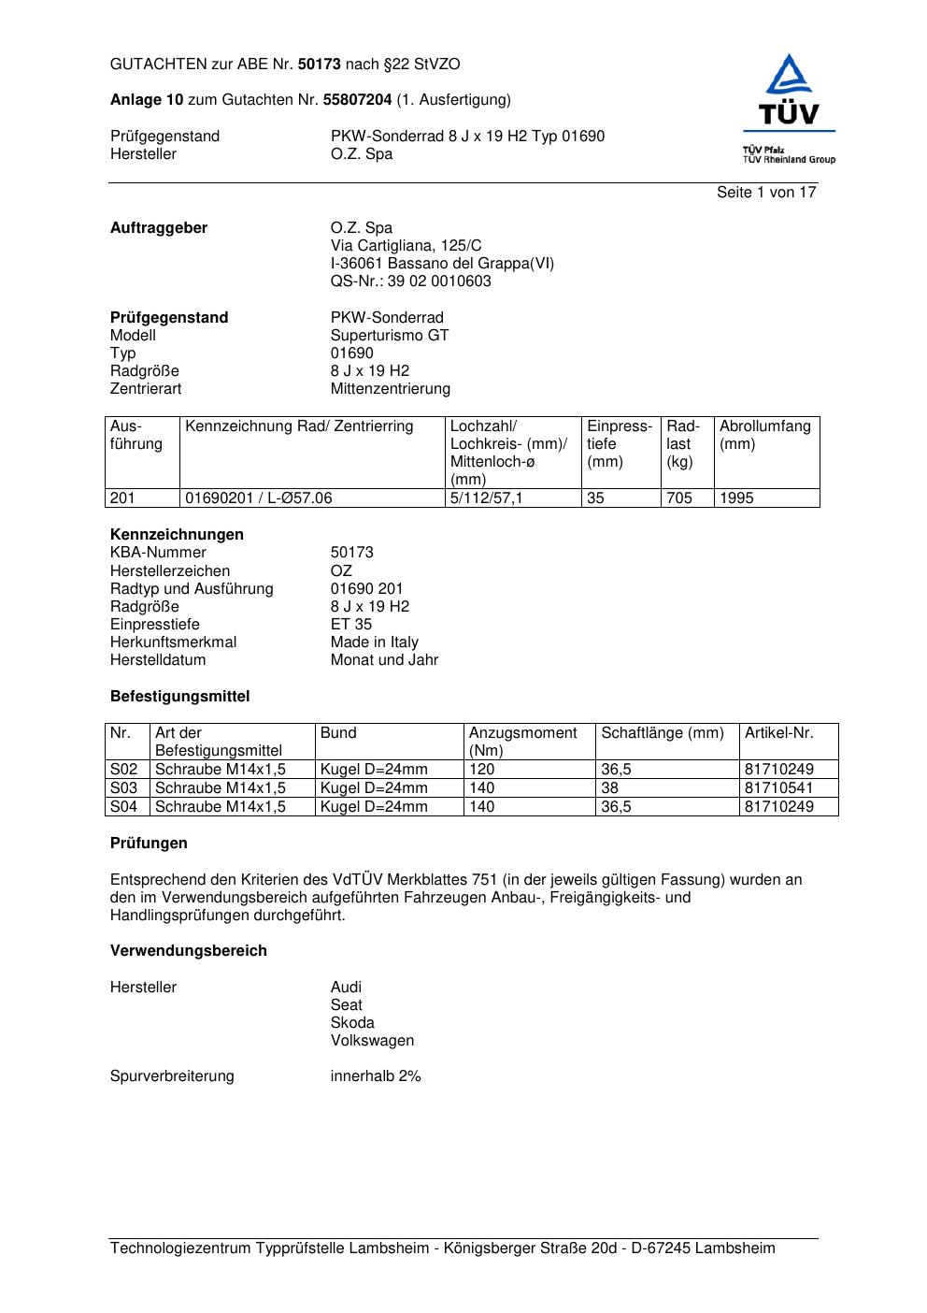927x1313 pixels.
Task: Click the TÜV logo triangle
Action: pos(790,75)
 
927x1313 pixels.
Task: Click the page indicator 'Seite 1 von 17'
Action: pos(766,193)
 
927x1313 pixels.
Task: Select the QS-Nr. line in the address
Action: pos(410,281)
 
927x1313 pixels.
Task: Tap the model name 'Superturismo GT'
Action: pos(390,336)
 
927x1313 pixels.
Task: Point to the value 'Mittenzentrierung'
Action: pos(390,389)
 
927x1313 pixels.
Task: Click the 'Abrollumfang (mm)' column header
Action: pos(764,435)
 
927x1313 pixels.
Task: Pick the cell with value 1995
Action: pos(736,498)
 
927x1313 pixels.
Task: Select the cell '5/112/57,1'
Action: pos(486,498)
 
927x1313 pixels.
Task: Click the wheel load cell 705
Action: pos(679,498)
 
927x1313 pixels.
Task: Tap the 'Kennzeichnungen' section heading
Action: pos(177,535)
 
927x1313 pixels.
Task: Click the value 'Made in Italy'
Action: pos(374,642)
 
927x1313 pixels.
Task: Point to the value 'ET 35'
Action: pos(350,625)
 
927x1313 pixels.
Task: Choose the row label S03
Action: pos(124,788)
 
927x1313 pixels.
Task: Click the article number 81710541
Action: pos(778,788)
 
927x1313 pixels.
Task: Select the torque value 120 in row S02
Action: pos(482,770)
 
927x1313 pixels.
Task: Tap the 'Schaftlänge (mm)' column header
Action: pos(663,733)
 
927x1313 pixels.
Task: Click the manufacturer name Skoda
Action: pos(352,1023)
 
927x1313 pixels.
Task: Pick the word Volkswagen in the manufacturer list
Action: pos(372,1041)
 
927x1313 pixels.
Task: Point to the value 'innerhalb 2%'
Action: pos(376,1076)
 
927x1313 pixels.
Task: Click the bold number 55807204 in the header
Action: pos(357,100)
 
